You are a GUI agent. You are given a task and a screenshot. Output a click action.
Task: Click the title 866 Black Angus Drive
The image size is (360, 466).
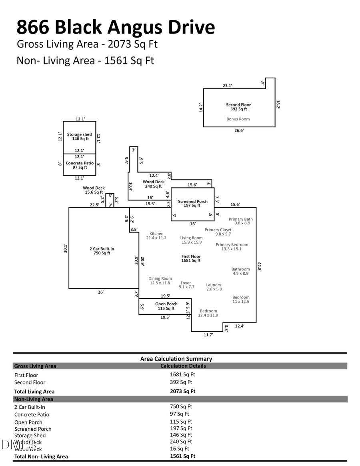tap(116, 27)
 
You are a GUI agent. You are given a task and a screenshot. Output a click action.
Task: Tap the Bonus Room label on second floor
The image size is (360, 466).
tap(238, 119)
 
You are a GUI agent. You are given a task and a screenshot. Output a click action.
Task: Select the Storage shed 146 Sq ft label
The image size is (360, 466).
tap(79, 137)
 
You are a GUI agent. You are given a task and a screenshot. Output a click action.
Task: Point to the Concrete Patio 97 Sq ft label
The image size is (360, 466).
tap(80, 165)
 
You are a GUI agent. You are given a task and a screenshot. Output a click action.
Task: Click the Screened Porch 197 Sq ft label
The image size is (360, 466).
tap(193, 204)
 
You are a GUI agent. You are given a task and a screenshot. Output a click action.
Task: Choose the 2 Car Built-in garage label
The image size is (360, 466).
tap(102, 251)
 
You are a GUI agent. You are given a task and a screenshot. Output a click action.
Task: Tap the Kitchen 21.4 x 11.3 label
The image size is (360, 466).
tap(156, 236)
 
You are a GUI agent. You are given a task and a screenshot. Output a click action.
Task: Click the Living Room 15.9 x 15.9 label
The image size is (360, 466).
tap(191, 240)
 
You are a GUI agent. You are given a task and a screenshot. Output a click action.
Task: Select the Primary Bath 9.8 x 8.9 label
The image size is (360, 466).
tap(241, 221)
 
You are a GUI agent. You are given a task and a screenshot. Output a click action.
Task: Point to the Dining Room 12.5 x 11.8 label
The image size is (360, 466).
tap(160, 281)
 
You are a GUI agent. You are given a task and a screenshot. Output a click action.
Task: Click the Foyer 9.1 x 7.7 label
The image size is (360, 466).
tap(186, 285)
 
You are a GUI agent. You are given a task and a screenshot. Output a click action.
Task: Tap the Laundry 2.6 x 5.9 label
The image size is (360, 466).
tap(214, 287)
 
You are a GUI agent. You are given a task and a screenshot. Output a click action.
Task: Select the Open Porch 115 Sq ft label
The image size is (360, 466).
tap(166, 306)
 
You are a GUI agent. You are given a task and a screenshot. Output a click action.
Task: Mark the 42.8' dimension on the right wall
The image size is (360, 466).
tap(259, 268)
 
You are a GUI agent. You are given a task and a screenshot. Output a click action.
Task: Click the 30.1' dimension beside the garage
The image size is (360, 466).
tap(65, 248)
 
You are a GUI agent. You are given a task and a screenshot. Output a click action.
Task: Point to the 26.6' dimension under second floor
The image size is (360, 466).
tap(239, 130)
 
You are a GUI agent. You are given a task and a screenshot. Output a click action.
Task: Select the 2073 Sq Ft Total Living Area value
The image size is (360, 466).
tap(183, 392)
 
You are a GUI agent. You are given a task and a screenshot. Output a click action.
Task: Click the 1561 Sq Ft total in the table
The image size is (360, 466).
tap(183, 456)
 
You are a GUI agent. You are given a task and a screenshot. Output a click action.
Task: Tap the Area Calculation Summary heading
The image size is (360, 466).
tap(176, 359)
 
